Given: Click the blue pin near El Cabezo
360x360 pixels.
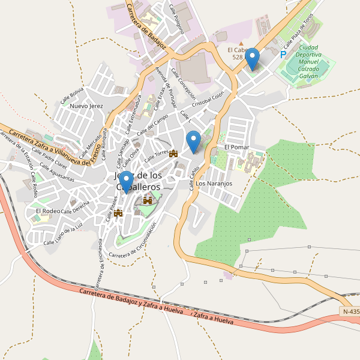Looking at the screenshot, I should click(253, 58).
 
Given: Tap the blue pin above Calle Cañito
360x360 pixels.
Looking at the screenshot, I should click(193, 141).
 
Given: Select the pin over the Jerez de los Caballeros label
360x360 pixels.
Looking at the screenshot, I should click(126, 181).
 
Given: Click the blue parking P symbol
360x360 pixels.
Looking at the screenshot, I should click(283, 55).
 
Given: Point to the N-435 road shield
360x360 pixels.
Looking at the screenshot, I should click(350, 311).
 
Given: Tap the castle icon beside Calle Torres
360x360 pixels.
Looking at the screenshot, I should click(174, 154).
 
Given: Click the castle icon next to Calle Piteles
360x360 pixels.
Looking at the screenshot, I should click(118, 212).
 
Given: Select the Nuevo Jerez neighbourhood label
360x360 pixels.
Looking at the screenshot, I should click(87, 106).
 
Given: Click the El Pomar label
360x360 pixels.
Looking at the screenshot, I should click(236, 147).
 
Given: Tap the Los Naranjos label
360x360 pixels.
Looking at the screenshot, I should click(214, 183).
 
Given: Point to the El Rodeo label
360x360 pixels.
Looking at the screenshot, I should click(47, 211).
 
